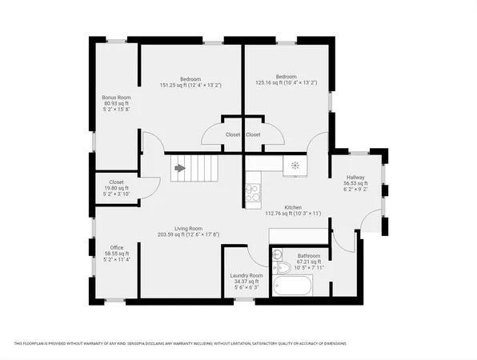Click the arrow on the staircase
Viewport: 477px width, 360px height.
click(180, 169)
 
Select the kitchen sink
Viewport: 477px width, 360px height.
click(295, 166)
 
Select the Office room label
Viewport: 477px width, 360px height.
click(116, 247)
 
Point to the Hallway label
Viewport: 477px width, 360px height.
click(355, 178)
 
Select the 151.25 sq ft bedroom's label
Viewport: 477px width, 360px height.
click(190, 78)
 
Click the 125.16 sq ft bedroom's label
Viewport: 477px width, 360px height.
click(286, 76)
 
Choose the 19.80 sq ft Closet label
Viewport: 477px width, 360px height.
click(116, 182)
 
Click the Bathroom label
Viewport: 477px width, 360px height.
click(309, 255)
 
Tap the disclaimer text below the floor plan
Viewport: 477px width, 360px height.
click(180, 343)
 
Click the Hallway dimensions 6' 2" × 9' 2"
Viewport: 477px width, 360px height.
click(355, 190)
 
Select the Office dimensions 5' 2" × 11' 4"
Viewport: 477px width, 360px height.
click(116, 260)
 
